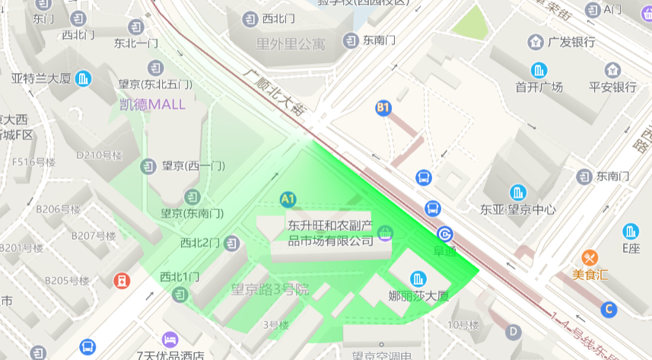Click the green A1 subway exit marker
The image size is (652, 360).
pos(288,199)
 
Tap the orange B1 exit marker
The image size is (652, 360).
pos(383,108)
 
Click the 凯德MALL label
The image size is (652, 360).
pos(152,104)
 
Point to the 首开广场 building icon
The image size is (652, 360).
pos(539,70)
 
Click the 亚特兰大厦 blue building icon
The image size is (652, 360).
pos(84,78)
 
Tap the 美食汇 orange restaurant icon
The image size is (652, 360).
pos(590,257)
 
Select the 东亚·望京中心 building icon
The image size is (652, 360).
pos(518,193)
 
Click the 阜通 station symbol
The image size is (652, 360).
pos(444,234)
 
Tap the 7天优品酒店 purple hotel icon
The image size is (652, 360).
pos(170,339)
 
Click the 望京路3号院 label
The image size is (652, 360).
pos(270,289)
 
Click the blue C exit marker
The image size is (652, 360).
pos(608,309)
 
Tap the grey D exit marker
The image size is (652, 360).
pos(514,331)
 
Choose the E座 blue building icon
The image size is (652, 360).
pos(631,231)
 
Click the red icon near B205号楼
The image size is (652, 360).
pos(122,281)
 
